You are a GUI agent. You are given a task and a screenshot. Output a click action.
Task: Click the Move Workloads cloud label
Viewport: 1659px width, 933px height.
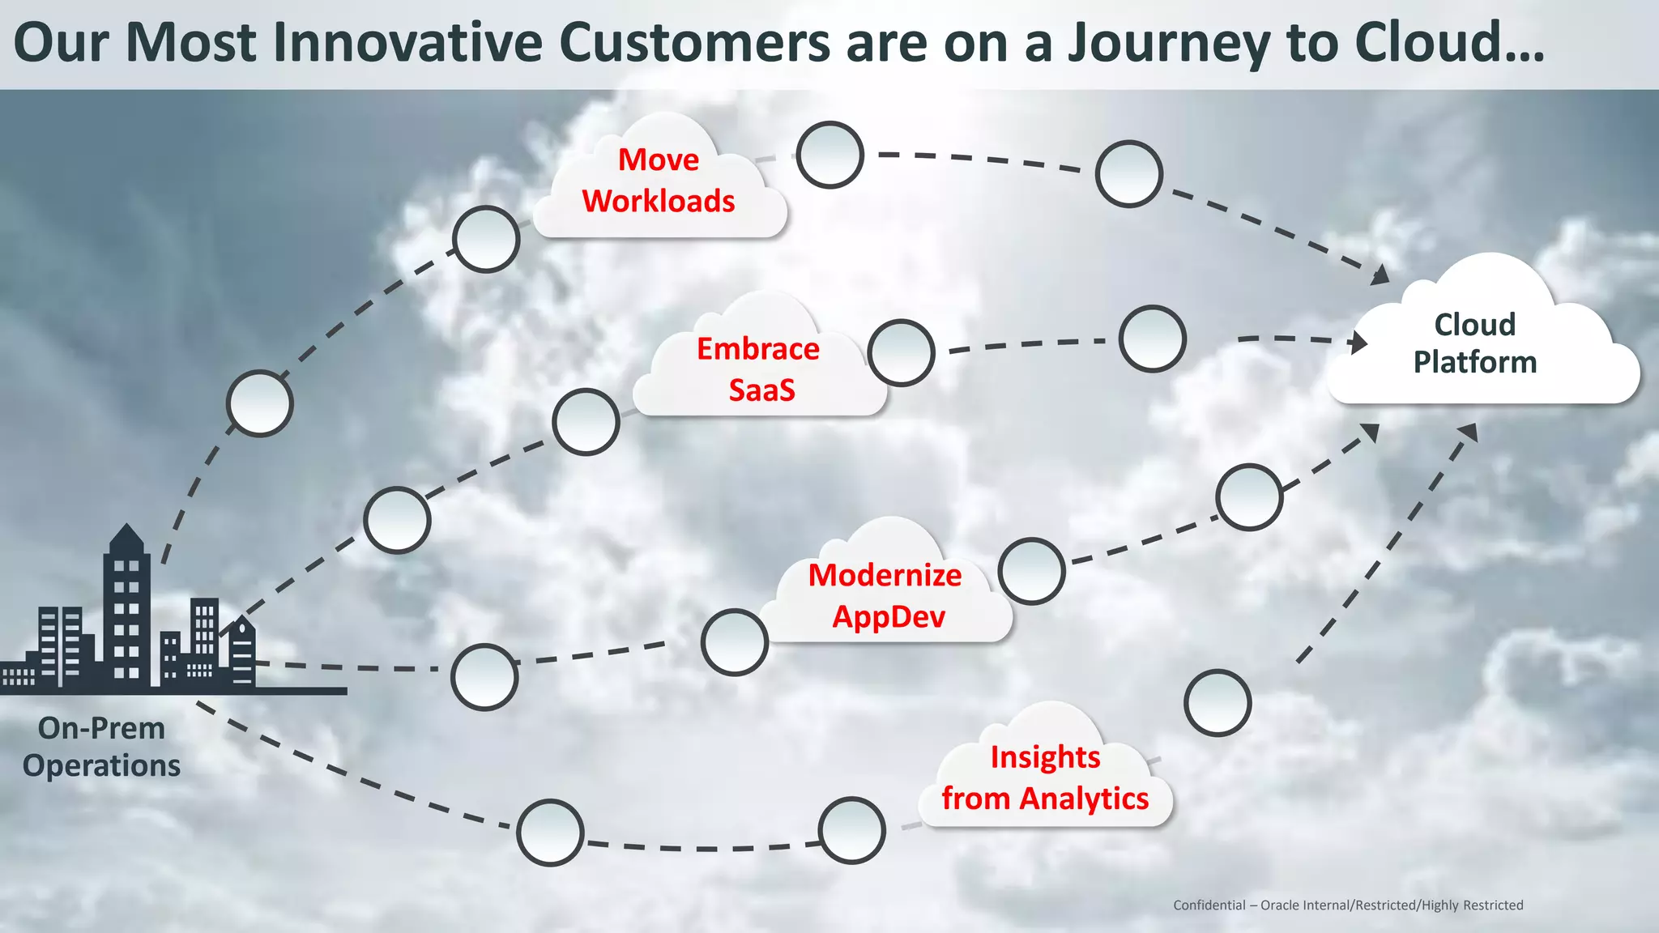tap(659, 181)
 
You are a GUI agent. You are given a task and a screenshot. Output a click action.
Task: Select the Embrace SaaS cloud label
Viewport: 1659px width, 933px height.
tap(759, 369)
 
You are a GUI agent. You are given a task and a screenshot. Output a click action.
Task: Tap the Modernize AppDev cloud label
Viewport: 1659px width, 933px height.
tap(885, 595)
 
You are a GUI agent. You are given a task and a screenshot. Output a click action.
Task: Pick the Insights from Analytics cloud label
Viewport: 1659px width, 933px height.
tap(1045, 777)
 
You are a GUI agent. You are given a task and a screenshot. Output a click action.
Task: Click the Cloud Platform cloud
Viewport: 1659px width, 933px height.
tap(1474, 343)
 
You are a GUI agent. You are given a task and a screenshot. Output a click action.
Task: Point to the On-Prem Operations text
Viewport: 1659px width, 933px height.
tap(101, 746)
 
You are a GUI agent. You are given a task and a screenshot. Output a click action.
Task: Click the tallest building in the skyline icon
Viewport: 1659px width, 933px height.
tap(127, 607)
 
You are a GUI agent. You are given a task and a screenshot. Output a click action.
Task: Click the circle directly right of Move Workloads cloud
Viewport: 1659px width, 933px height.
tap(829, 155)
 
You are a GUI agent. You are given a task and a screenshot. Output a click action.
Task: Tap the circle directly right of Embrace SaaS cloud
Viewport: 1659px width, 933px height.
tap(901, 352)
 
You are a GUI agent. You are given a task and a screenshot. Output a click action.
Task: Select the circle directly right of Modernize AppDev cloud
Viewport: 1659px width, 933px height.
tap(1031, 571)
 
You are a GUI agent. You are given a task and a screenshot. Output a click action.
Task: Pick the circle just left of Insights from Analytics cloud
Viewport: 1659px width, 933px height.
tap(851, 830)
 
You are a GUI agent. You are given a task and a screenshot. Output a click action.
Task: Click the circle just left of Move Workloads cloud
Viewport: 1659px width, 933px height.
tap(486, 239)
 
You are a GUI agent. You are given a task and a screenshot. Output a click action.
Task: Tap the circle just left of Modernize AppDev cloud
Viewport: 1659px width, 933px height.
tap(735, 642)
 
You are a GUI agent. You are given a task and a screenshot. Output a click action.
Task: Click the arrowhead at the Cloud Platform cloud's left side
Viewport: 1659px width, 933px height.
tap(1358, 342)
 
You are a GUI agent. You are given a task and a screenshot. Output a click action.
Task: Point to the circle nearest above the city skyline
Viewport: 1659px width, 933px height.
tap(259, 403)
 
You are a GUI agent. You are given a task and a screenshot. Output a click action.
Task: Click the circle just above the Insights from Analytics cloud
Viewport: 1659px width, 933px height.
tap(1218, 703)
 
